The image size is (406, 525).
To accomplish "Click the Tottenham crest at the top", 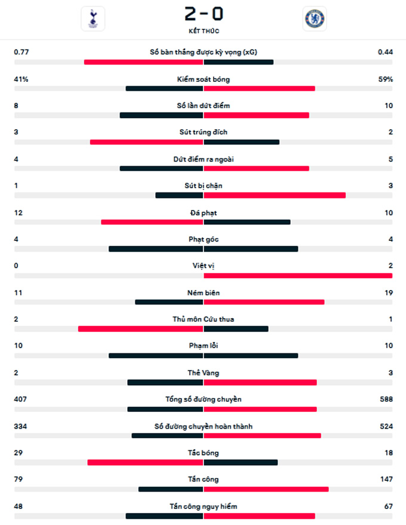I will [x=93, y=19].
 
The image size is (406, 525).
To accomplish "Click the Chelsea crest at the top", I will [x=314, y=19].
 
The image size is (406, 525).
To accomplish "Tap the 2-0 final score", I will [x=203, y=13].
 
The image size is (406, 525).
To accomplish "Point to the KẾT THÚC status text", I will [x=203, y=30].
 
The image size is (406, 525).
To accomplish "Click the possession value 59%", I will [x=385, y=79].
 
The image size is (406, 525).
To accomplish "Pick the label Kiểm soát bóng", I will [x=203, y=79].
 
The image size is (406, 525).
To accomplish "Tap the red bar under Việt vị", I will [x=298, y=276].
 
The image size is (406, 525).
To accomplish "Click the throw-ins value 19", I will [x=388, y=292].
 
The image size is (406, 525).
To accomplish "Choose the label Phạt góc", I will [x=203, y=239].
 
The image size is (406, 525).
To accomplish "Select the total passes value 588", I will [x=385, y=399].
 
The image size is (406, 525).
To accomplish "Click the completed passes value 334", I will [x=22, y=426].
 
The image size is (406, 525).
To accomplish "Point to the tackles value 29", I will [x=19, y=453].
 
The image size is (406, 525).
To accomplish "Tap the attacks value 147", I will [x=385, y=479].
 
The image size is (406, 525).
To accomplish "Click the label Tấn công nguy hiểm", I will [x=203, y=506].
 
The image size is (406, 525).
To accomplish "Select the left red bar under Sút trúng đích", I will [x=146, y=142].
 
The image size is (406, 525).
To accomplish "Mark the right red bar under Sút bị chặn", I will [x=275, y=195].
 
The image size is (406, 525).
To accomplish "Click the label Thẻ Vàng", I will [x=203, y=373].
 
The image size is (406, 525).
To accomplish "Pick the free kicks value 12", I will [x=19, y=212].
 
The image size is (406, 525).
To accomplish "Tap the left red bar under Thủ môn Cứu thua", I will [x=140, y=328].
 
